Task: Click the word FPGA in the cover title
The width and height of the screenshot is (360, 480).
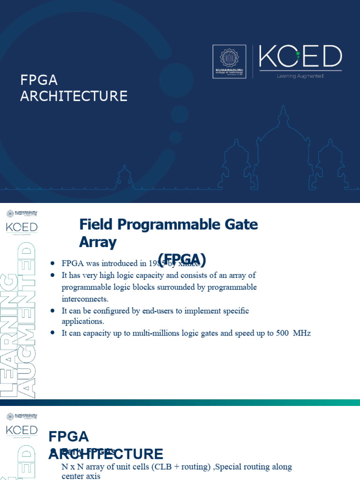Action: (39, 80)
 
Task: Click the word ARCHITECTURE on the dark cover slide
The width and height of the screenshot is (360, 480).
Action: (74, 96)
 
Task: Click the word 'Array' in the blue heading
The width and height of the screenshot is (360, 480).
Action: (98, 242)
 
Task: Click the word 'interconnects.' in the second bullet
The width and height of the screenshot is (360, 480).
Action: (85, 299)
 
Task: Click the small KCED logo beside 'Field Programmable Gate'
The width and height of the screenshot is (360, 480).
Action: (22, 227)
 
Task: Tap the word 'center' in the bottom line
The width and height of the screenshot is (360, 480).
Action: (74, 476)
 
